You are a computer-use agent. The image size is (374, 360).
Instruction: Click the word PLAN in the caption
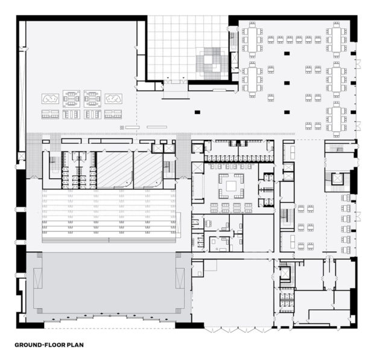click(75, 345)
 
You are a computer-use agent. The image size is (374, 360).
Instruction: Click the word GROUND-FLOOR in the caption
click(40, 345)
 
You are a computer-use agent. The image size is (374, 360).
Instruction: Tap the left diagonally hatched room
click(115, 170)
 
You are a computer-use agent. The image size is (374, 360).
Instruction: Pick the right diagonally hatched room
click(148, 170)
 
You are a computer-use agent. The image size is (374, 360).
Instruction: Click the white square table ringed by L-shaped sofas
click(231, 186)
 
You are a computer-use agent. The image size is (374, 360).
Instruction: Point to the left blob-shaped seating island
click(50, 98)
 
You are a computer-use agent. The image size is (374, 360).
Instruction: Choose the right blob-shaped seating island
click(113, 98)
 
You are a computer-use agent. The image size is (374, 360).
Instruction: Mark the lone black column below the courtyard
click(197, 112)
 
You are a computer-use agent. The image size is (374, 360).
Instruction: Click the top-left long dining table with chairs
click(252, 40)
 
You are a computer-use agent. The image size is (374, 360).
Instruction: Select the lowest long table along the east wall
click(337, 119)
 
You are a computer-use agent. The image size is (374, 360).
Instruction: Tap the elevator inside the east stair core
click(337, 178)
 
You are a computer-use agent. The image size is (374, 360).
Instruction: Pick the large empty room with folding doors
click(233, 292)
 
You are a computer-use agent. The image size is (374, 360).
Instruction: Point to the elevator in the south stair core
click(285, 273)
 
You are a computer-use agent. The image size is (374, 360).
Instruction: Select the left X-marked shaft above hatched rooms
click(157, 149)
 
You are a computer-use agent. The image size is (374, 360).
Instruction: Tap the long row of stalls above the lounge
click(239, 158)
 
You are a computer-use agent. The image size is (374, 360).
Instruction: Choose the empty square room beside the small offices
click(258, 233)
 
